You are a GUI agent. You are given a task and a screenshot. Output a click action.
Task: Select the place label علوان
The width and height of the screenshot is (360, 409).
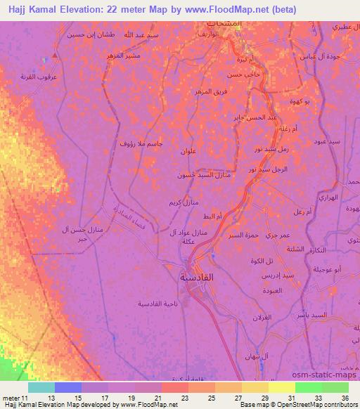click(191, 152)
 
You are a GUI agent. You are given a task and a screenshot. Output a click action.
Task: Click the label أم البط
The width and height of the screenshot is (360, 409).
click(212, 216)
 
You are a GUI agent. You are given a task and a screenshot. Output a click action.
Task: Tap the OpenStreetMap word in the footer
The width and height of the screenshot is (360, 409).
click(297, 405)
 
